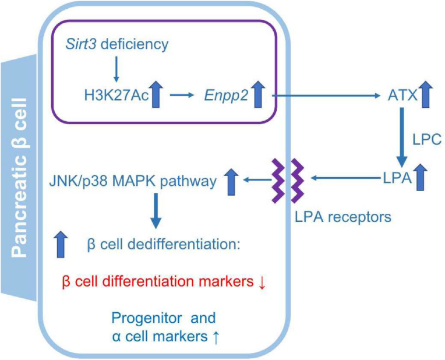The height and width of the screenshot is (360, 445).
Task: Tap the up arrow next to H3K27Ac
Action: pos(156,95)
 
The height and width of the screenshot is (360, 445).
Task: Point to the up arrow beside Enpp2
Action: pos(259,95)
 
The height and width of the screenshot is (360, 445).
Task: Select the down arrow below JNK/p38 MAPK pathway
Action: pos(156,214)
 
